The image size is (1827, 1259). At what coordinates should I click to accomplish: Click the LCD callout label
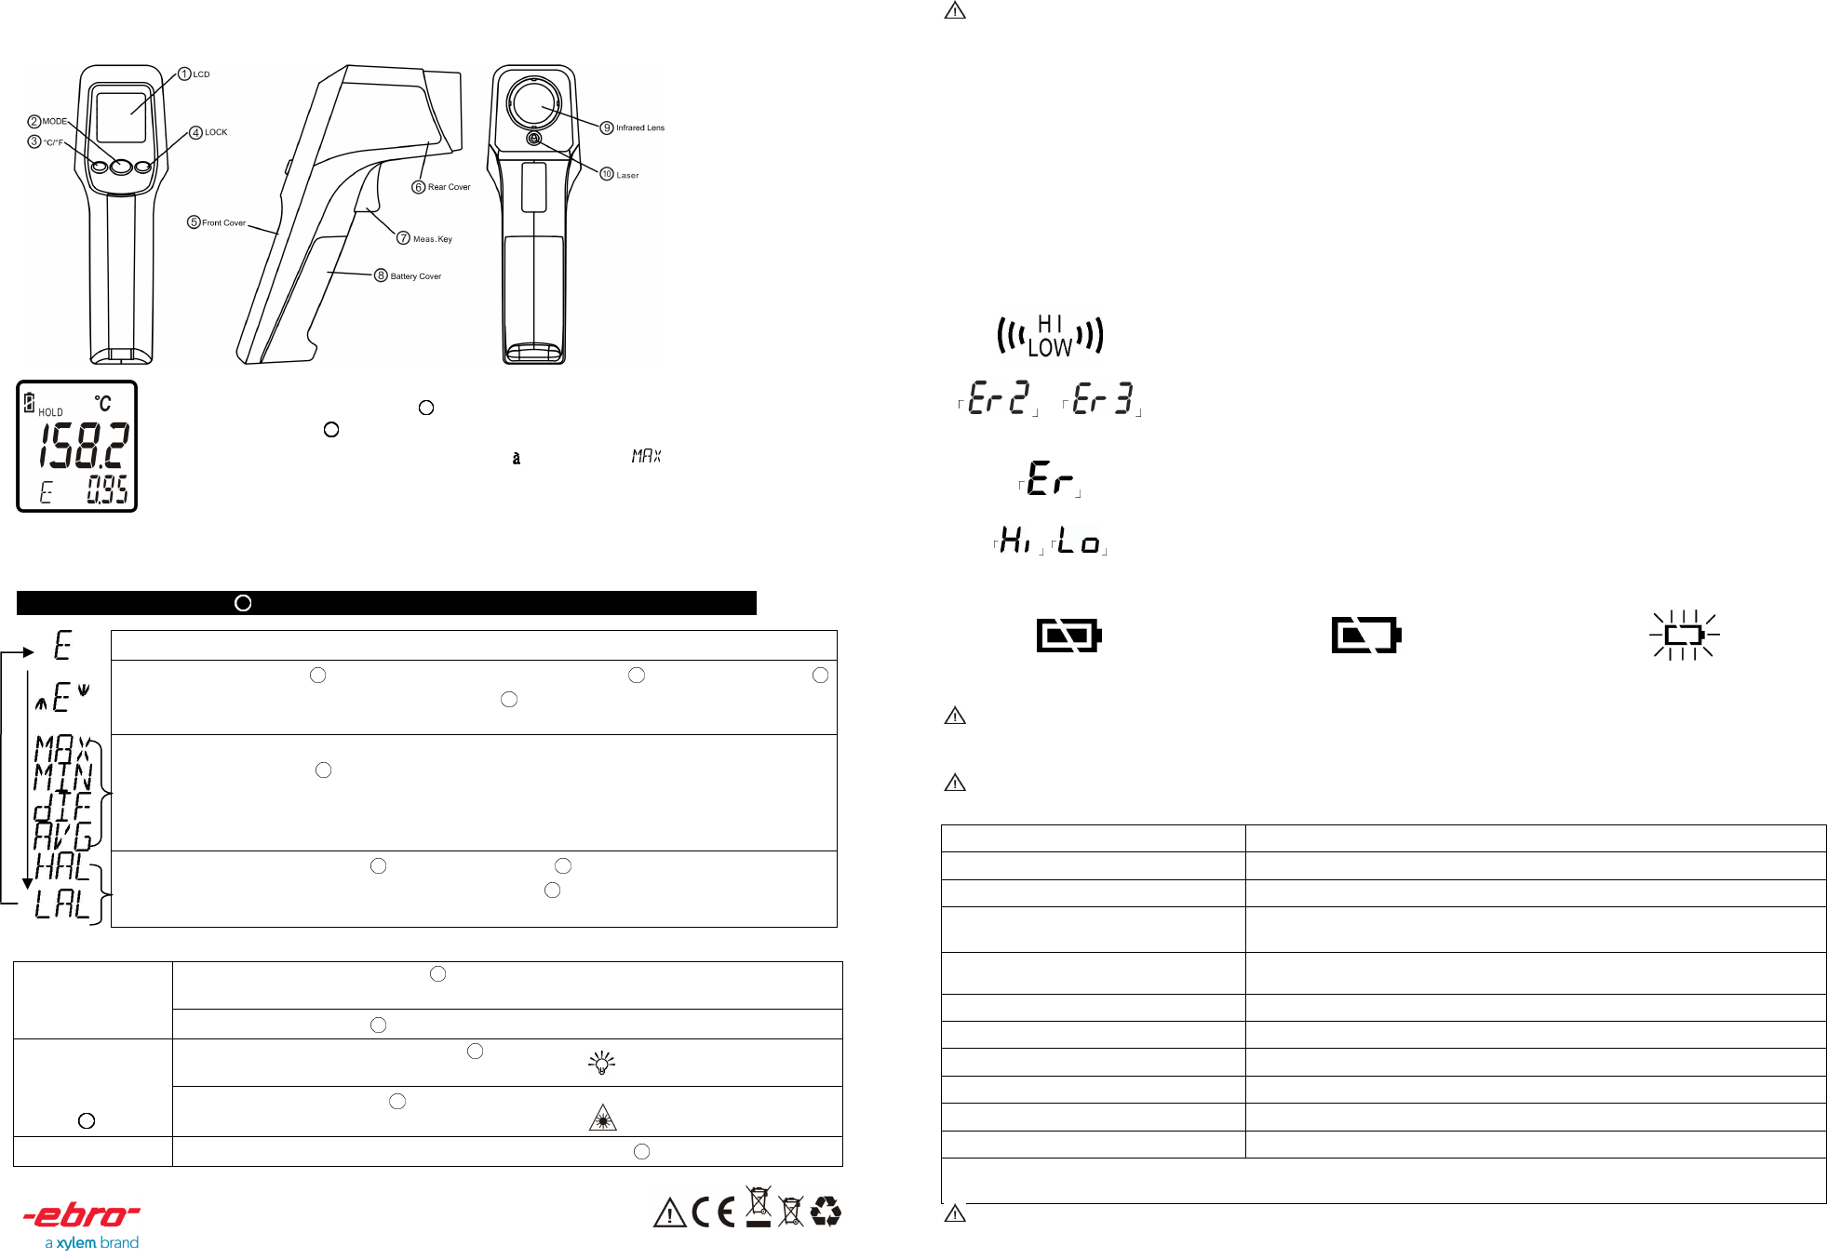201,74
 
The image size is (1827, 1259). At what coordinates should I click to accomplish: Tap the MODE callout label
55,121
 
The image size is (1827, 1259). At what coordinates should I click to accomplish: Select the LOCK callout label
216,132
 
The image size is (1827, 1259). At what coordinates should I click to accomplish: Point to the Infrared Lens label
640,127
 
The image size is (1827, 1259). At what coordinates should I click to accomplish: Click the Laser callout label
627,175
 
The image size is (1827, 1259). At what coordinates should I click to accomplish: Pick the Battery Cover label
416,276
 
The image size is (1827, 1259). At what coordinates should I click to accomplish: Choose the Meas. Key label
433,239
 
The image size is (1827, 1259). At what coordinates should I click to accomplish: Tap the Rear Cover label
449,187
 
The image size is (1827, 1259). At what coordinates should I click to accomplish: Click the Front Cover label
223,222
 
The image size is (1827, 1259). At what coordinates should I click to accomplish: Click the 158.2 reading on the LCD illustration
84,447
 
